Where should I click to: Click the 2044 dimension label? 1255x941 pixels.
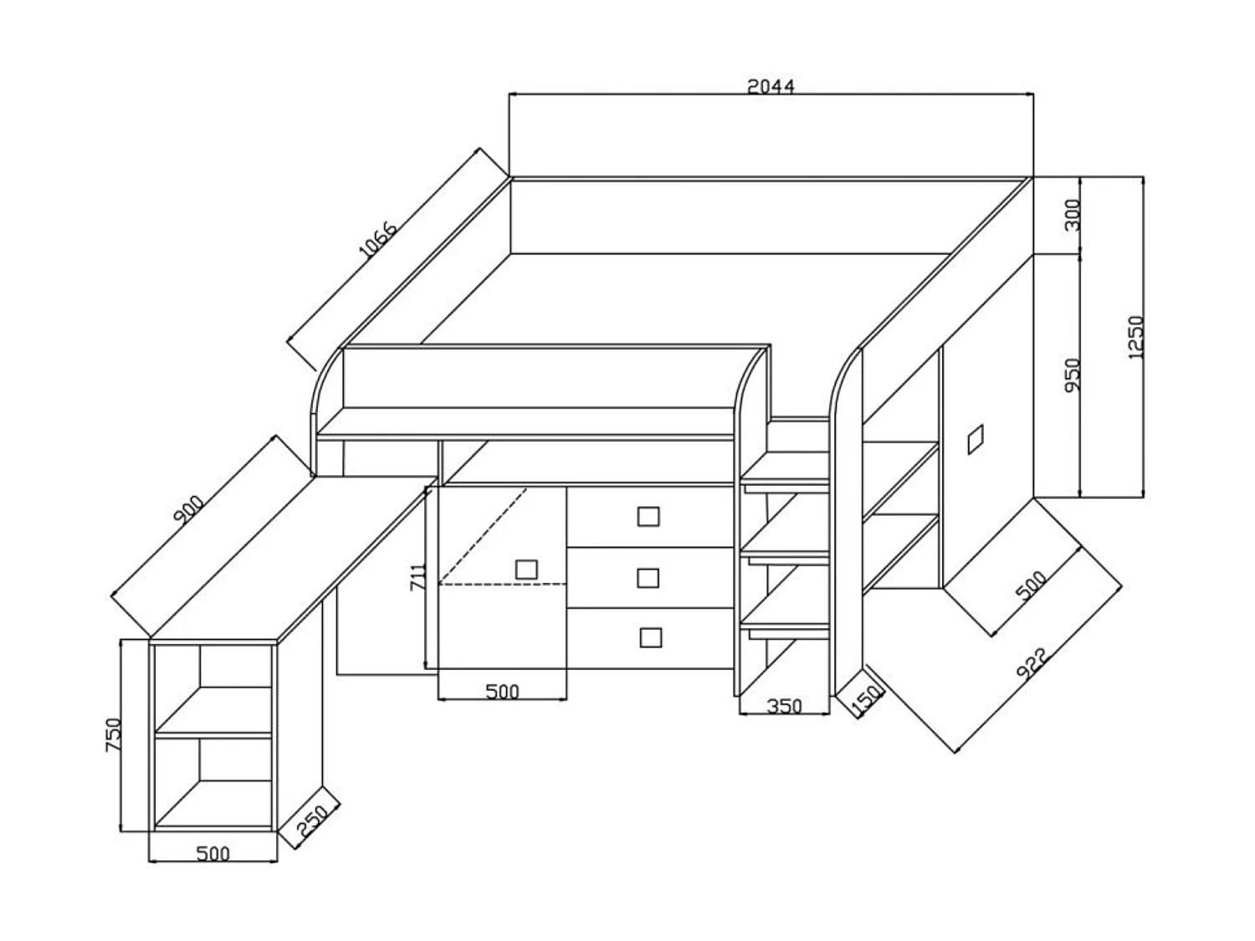pos(771,85)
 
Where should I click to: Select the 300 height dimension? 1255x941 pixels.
pos(1074,215)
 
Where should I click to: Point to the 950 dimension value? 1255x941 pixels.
pos(1073,375)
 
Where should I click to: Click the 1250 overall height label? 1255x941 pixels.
pos(1135,337)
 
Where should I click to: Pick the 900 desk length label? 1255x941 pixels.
pos(188,510)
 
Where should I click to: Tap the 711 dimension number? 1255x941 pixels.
pos(418,577)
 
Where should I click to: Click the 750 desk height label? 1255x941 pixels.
pos(114,734)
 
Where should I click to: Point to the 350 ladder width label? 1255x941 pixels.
pos(784,706)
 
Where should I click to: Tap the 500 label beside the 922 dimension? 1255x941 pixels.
pos(1031,585)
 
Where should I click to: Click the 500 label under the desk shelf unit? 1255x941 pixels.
pos(213,853)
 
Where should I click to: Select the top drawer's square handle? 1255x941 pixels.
pos(648,516)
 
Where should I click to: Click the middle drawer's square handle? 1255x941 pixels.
pos(648,578)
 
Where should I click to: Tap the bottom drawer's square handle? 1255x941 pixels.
pos(650,637)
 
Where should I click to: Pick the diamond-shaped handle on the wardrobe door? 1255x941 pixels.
pos(976,439)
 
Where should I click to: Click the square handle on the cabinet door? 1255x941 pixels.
pos(526,570)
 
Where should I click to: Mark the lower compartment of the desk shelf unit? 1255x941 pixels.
pos(213,782)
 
